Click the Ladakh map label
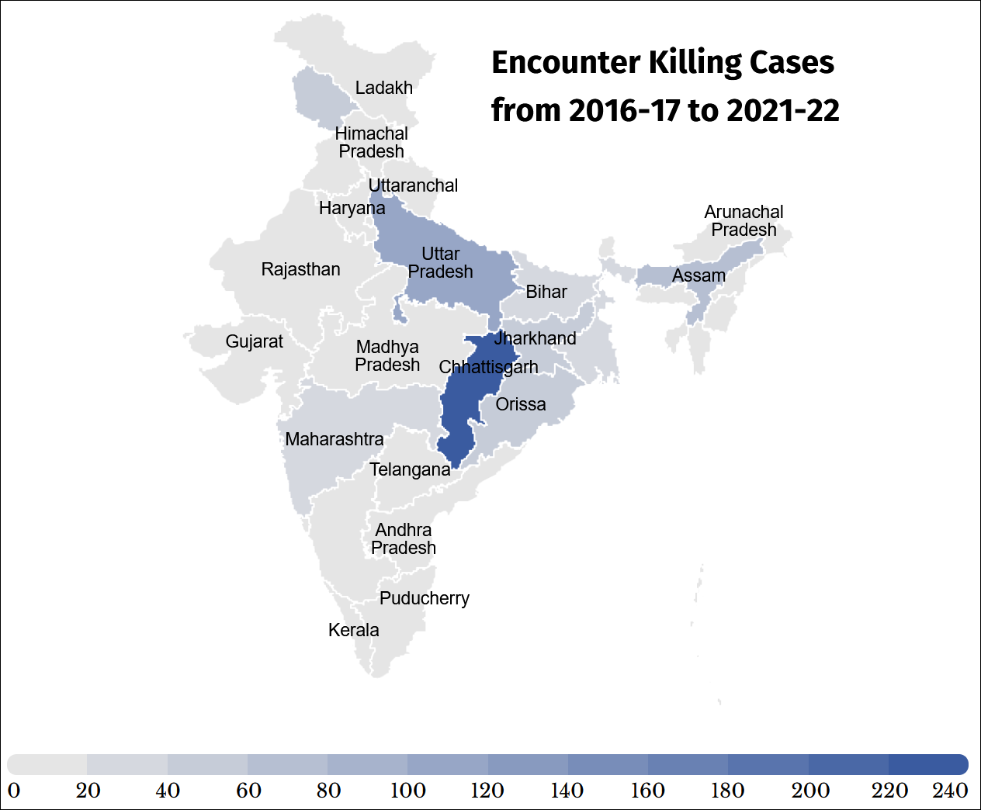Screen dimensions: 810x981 tap(383, 88)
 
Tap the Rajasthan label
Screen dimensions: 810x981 tap(300, 269)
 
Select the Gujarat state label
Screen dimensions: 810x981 tap(254, 341)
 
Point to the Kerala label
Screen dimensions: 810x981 tap(353, 630)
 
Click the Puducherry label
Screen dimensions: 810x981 tap(424, 598)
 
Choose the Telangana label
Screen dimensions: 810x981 tap(410, 469)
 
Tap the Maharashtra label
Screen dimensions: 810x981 tap(334, 439)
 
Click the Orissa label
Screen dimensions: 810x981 tap(520, 404)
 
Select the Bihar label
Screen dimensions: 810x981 tap(546, 292)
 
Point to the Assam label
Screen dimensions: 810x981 tap(698, 275)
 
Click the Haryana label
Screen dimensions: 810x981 tap(352, 208)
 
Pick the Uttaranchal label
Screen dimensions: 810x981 tap(413, 185)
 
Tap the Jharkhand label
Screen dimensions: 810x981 tap(535, 338)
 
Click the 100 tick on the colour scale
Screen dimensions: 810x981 tap(407, 791)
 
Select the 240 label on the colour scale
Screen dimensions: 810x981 tap(950, 791)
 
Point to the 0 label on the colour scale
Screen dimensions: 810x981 tap(14, 791)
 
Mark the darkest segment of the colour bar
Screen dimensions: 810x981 tap(927, 764)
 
